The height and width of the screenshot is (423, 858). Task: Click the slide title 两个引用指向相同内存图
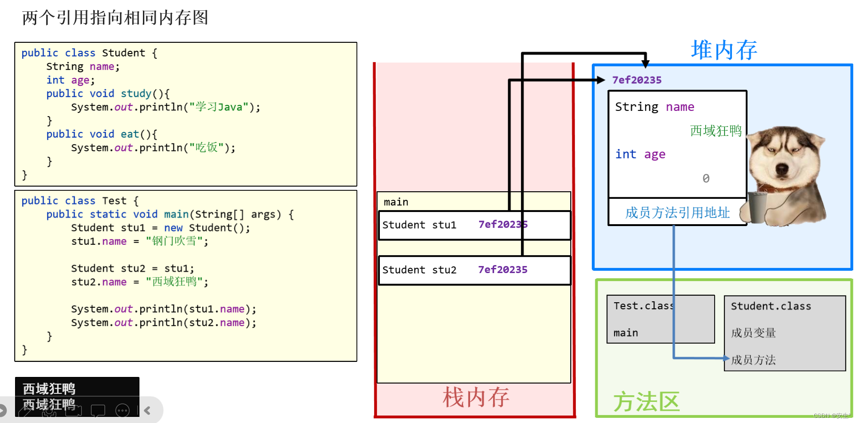pyautogui.click(x=115, y=18)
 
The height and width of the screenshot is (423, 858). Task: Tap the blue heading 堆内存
pyautogui.click(x=724, y=50)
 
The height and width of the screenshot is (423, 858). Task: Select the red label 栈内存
pyautogui.click(x=476, y=398)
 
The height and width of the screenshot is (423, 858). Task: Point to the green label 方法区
pyautogui.click(x=646, y=402)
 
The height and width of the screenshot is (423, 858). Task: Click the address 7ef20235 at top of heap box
pyautogui.click(x=637, y=80)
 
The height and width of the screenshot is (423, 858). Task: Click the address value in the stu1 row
pyautogui.click(x=503, y=225)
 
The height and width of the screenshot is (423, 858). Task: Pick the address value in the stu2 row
pyautogui.click(x=503, y=270)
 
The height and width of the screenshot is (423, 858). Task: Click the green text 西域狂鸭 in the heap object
pyautogui.click(x=716, y=131)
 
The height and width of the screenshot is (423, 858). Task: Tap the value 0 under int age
pyautogui.click(x=706, y=179)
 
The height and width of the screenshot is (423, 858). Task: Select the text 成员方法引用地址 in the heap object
pyautogui.click(x=677, y=213)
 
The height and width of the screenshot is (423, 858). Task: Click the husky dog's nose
pyautogui.click(x=782, y=169)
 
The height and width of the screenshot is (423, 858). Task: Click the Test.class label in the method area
pyautogui.click(x=643, y=306)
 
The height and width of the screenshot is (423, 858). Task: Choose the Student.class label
pyautogui.click(x=771, y=306)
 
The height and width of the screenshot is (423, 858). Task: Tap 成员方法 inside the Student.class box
pyautogui.click(x=753, y=360)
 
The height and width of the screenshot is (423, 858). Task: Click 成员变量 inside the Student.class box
pyautogui.click(x=753, y=333)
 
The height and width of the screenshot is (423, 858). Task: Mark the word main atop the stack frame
pyautogui.click(x=396, y=202)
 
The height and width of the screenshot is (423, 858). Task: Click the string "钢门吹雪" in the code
pyautogui.click(x=174, y=242)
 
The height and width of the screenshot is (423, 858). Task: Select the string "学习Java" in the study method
pyautogui.click(x=219, y=107)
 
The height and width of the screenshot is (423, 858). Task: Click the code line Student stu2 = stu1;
pyautogui.click(x=133, y=268)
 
